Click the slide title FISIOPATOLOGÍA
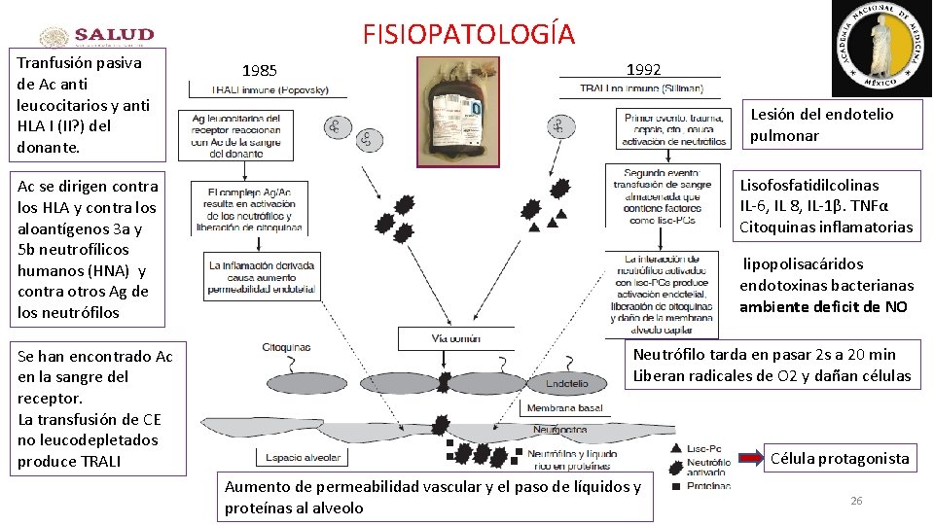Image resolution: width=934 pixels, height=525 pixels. click(469, 34)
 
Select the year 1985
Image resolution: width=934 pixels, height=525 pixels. click(260, 71)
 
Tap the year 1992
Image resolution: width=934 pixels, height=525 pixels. click(644, 69)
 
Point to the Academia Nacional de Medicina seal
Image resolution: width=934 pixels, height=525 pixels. click(881, 49)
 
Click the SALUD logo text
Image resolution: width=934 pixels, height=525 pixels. click(115, 35)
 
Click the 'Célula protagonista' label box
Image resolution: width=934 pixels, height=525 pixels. click(840, 458)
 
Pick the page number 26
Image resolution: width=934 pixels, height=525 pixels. click(856, 501)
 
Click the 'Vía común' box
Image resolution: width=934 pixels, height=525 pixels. click(455, 338)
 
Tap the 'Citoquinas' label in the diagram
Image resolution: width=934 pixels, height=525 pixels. click(286, 347)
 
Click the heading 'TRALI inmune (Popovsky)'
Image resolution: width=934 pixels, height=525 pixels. click(270, 90)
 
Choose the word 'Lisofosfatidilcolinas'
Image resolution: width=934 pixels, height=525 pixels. click(796, 185)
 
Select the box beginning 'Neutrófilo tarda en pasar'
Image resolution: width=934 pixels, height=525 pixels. click(772, 366)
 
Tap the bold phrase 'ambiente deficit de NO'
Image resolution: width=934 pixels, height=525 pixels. click(823, 307)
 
